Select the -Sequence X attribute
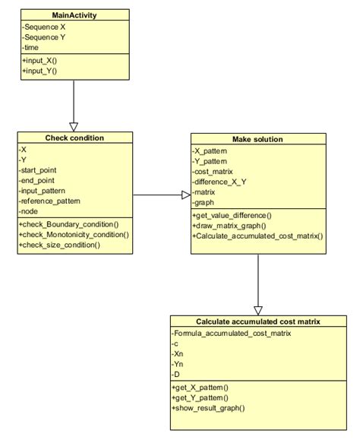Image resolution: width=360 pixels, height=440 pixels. (x=44, y=27)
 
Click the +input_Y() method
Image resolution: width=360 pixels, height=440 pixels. (x=39, y=71)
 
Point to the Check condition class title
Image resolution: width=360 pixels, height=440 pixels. (x=74, y=138)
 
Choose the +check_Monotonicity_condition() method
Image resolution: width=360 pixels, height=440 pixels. (x=74, y=235)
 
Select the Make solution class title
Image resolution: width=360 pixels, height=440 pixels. (x=258, y=140)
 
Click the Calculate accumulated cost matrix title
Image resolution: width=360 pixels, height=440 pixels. (x=257, y=321)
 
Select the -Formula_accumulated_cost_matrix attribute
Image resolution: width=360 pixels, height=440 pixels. (x=231, y=334)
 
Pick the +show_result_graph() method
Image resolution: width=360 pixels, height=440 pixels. (x=209, y=408)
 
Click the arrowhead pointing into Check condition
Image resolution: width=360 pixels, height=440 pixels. (x=74, y=126)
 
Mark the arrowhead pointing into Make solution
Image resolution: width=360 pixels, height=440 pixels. (x=185, y=195)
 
